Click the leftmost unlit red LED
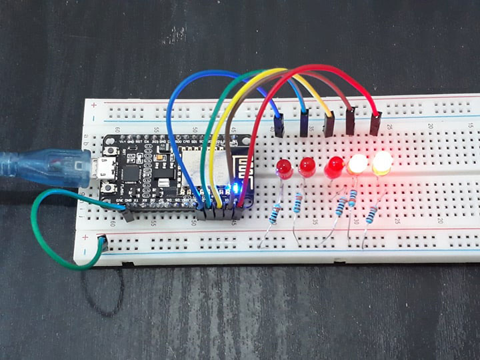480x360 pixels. [283, 167]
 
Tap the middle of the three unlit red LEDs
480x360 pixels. [307, 166]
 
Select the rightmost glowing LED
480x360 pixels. [383, 163]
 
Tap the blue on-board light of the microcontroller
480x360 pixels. [233, 188]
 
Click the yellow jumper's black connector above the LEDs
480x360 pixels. [329, 125]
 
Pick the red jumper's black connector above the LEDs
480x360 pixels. [375, 124]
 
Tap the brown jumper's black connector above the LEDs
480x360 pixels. [351, 123]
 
